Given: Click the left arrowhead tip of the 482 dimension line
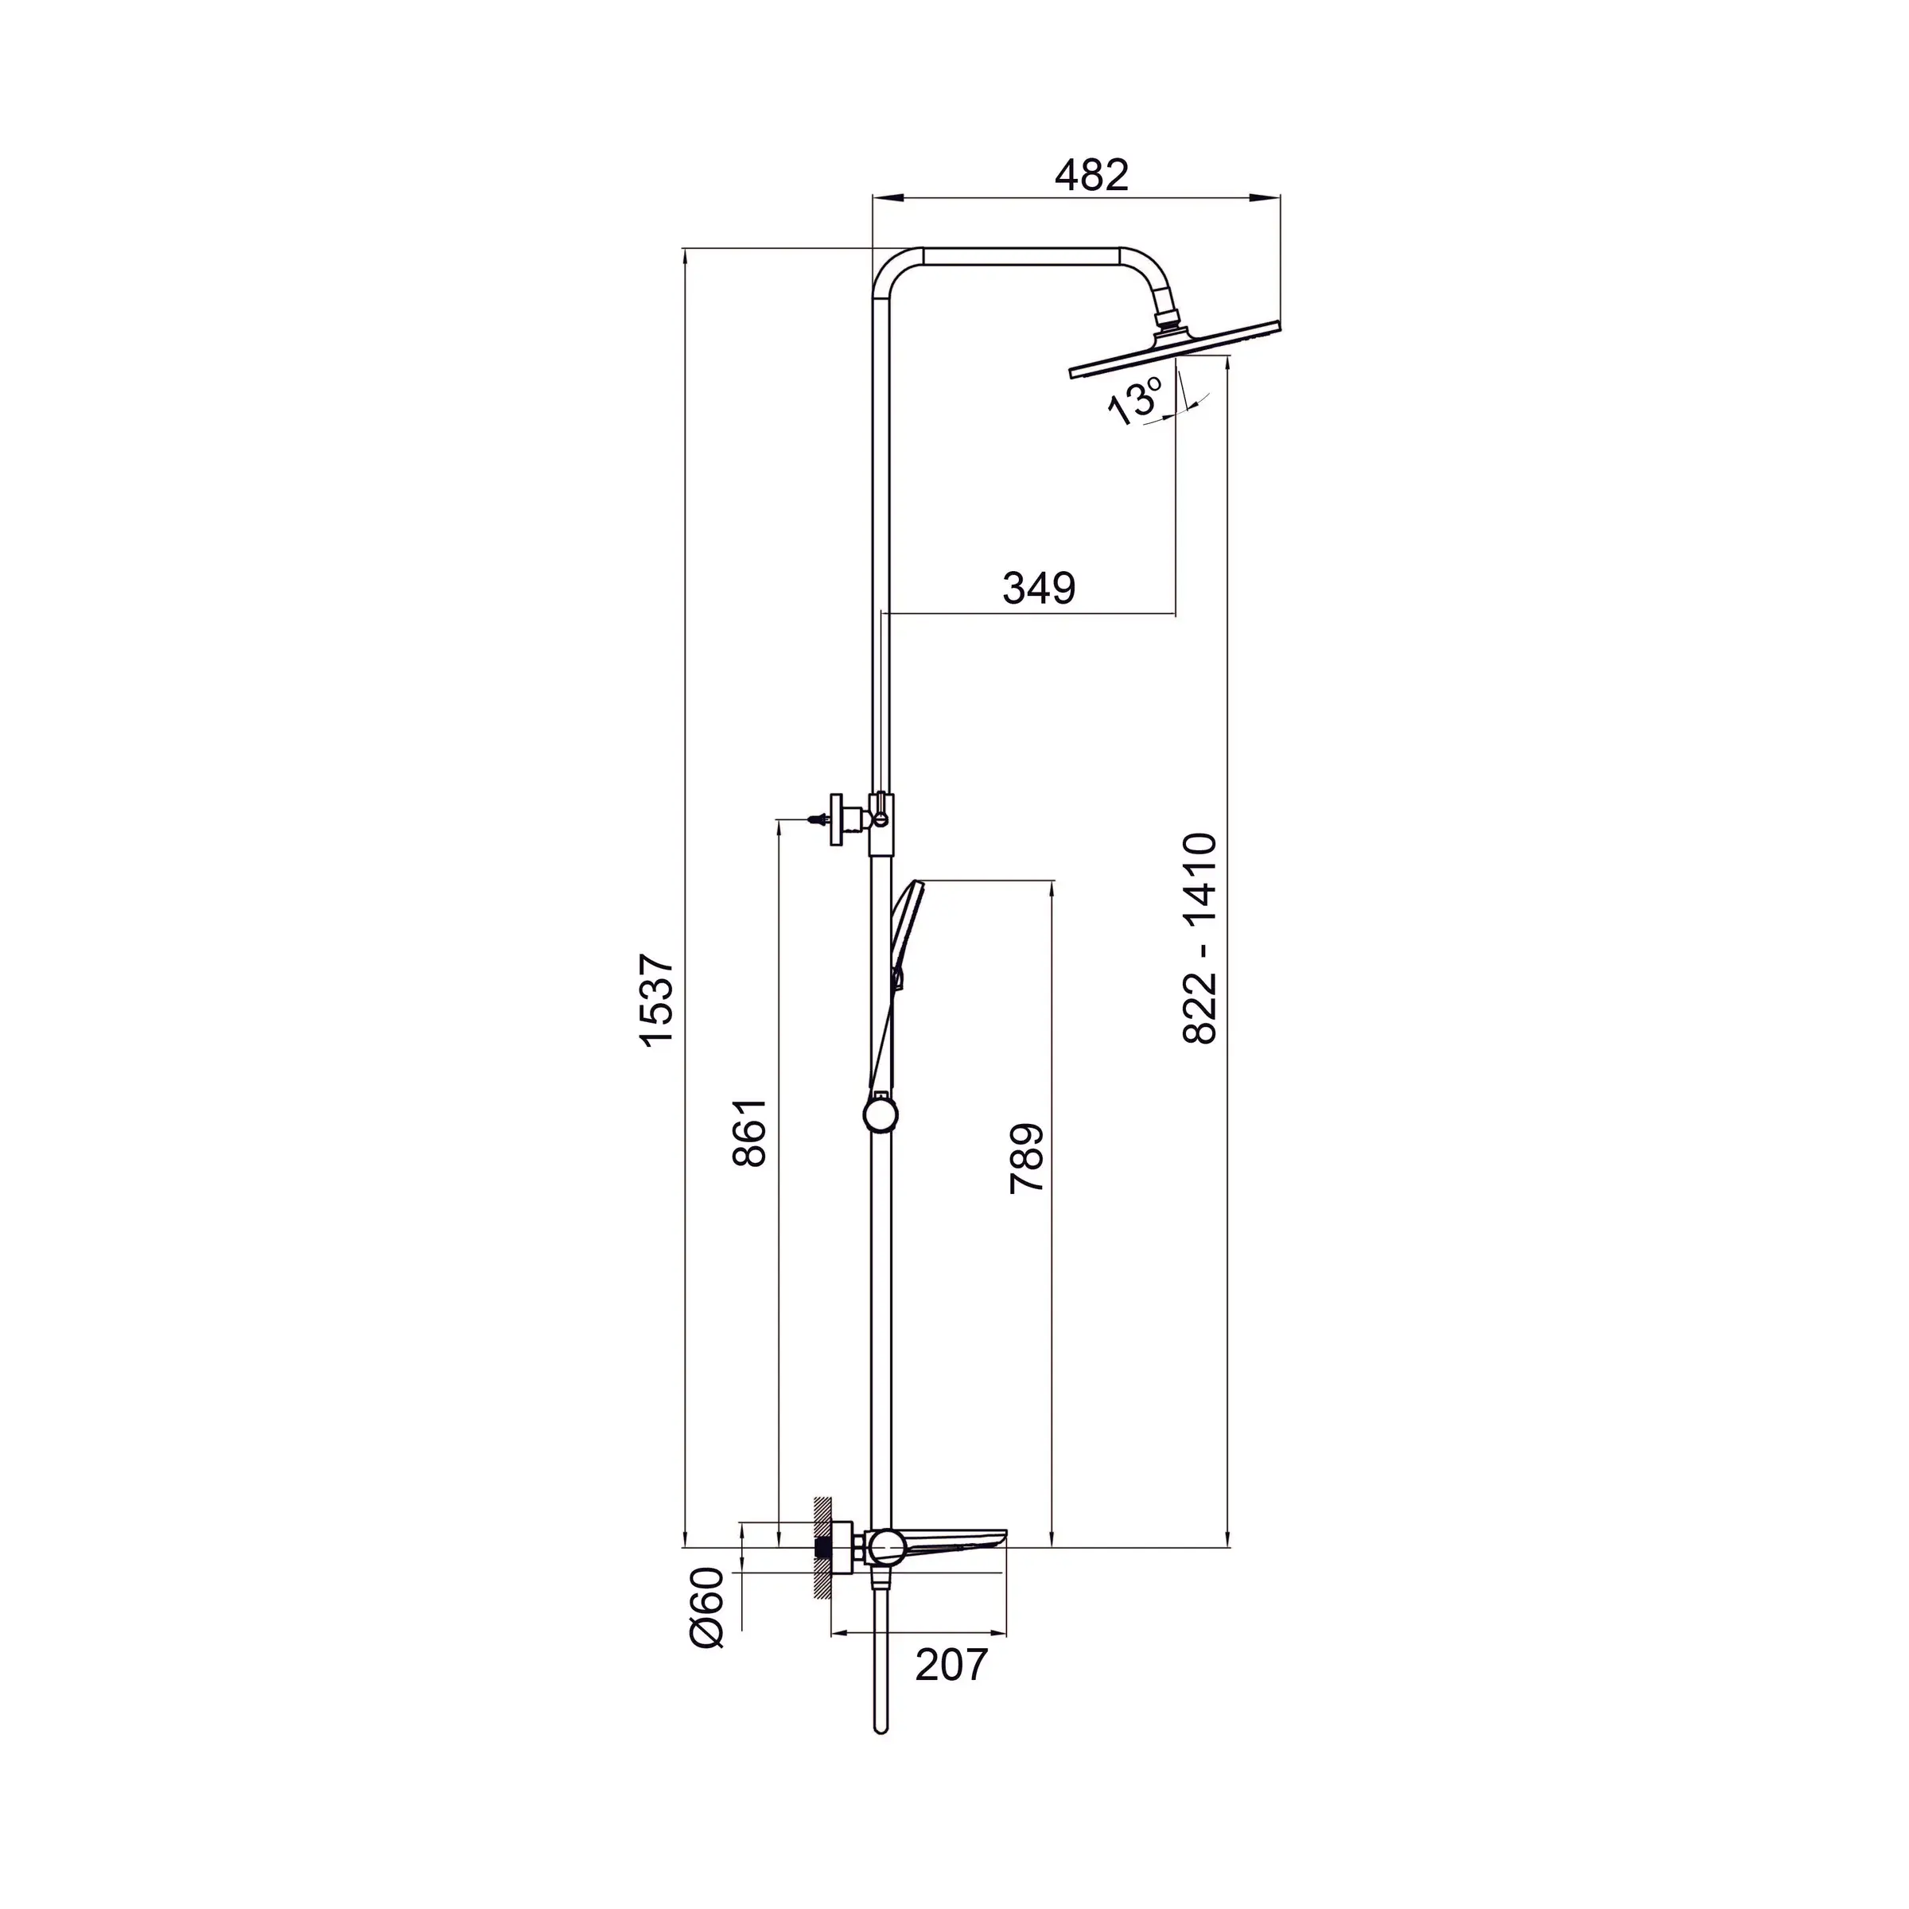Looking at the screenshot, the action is [x=873, y=197].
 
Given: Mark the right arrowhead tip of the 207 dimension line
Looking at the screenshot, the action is [x=1007, y=1633].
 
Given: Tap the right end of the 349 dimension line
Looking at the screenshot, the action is [x=1176, y=615].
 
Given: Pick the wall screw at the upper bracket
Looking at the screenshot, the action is [x=819, y=819].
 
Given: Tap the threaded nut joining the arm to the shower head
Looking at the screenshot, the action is [x=1169, y=320].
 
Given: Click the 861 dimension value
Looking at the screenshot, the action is [x=750, y=1133].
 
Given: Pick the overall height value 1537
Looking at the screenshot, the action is [x=656, y=999].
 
